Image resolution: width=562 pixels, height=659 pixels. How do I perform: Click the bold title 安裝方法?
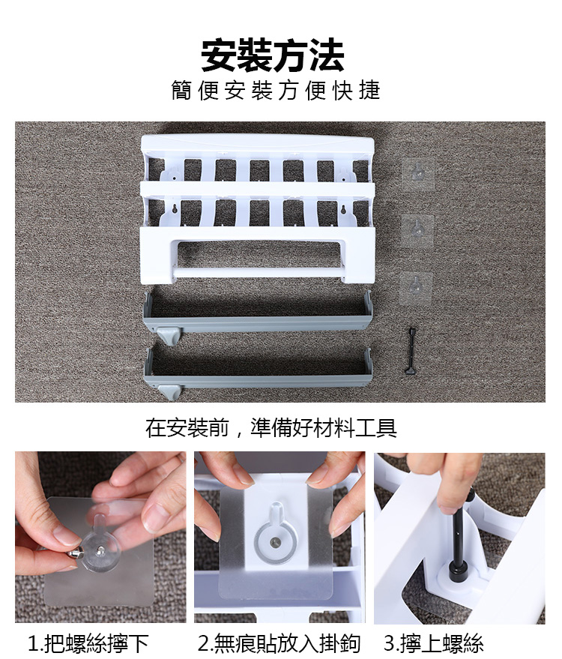pos(273,55)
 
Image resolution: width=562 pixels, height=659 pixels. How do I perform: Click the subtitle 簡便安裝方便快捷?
pos(276,91)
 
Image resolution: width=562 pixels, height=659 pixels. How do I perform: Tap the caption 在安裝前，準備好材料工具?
pos(271,428)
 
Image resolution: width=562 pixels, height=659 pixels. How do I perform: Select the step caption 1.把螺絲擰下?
pos(88,643)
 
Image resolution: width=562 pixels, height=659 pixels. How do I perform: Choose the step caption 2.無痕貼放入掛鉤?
pos(279,643)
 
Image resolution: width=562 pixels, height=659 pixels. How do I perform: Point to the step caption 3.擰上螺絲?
pos(434,643)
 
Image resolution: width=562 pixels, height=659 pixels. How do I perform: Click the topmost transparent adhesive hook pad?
pos(417,172)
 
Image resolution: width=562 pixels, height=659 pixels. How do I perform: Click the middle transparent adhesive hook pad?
pos(417,229)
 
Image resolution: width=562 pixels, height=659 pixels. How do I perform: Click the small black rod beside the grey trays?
pos(411,351)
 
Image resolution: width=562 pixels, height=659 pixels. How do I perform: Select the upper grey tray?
pos(258,313)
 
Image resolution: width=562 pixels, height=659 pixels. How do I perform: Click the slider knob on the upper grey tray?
pos(169,335)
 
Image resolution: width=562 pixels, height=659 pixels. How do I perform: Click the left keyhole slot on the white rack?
pos(174,208)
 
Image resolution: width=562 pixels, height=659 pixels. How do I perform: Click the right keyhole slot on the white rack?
pos(343,209)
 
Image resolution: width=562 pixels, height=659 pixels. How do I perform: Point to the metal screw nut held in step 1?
pos(75,554)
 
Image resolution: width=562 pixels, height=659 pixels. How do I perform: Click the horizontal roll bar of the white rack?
pos(258,272)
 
